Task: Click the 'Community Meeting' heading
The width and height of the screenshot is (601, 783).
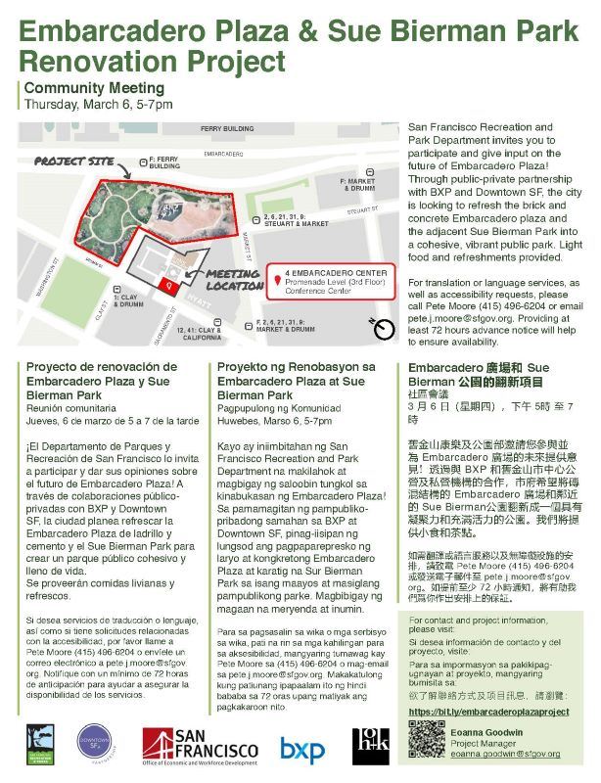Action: pyautogui.click(x=87, y=88)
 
